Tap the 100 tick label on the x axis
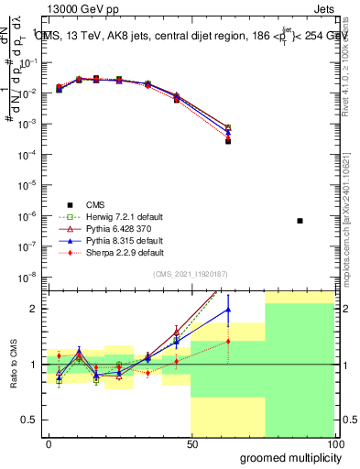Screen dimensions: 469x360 click(x=335, y=442)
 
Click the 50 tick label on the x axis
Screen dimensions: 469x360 click(x=191, y=442)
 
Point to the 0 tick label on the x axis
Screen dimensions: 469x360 click(x=49, y=442)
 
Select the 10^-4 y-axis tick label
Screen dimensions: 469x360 click(x=31, y=154)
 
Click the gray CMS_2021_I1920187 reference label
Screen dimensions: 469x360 click(x=191, y=275)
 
